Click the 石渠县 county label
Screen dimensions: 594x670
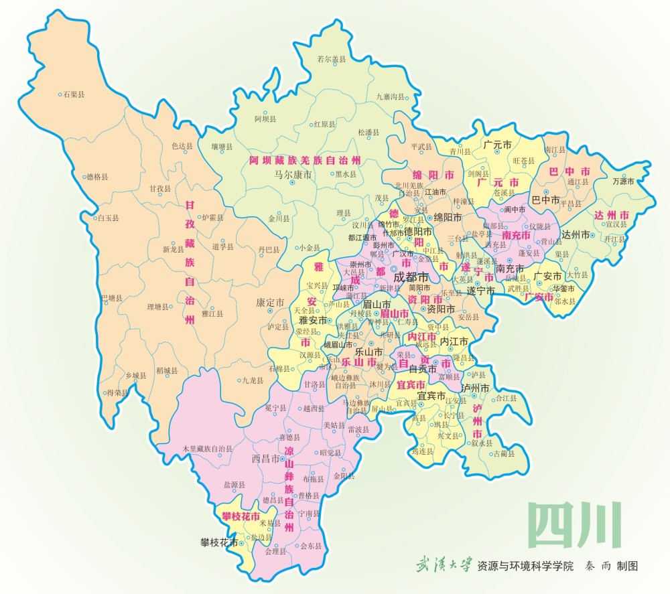click(x=73, y=94)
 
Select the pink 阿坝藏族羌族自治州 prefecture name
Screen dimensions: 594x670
click(x=305, y=161)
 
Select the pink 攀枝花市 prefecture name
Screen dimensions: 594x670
click(x=240, y=516)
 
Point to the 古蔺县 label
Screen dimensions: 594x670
click(x=503, y=453)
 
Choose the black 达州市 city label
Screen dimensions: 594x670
click(x=575, y=234)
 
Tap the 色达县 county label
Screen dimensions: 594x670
click(x=182, y=145)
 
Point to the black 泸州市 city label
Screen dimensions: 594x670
click(x=476, y=387)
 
